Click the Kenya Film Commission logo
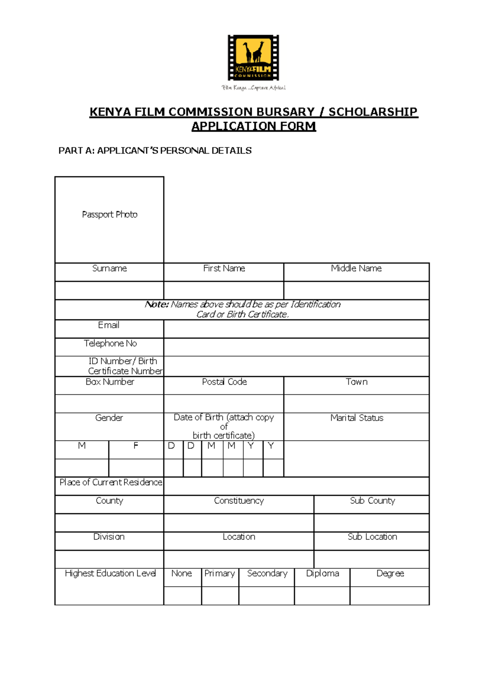253,58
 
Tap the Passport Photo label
110,214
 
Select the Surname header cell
109,268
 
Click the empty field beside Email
296,329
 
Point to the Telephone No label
110,343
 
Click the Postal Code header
224,382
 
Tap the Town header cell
357,382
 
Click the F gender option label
136,446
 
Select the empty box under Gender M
82,468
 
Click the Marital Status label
357,418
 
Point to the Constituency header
239,501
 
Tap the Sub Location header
372,537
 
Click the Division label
109,537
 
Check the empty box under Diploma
322,596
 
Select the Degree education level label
390,574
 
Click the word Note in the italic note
156,305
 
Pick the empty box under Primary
220,596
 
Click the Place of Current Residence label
110,482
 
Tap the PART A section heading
155,151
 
